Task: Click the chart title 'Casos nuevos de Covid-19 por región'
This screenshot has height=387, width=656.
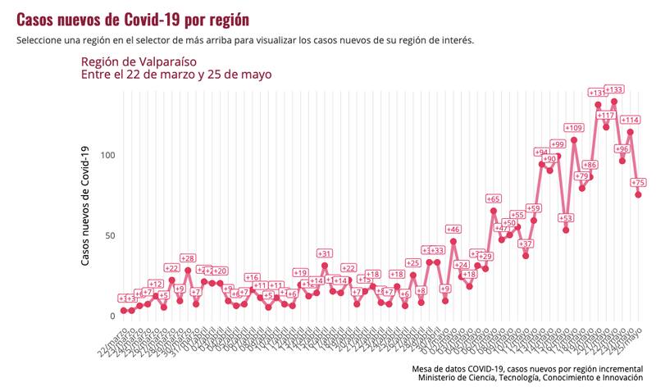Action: [x=133, y=18]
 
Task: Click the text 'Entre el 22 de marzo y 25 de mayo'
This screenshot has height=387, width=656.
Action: [x=175, y=75]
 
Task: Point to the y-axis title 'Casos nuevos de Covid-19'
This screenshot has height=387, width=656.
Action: [x=85, y=205]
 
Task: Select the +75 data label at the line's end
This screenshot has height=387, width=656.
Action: [x=640, y=183]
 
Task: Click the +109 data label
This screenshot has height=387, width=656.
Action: [x=574, y=128]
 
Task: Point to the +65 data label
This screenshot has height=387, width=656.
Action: [x=494, y=198]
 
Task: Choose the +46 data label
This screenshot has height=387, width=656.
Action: [x=453, y=230]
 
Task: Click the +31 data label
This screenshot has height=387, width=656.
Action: [x=325, y=253]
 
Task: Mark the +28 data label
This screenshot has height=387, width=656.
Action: [x=188, y=258]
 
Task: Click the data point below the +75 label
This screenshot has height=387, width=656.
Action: [x=638, y=194]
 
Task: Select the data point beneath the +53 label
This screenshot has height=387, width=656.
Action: [x=566, y=230]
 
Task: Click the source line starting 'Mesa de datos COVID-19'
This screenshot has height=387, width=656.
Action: [x=527, y=368]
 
